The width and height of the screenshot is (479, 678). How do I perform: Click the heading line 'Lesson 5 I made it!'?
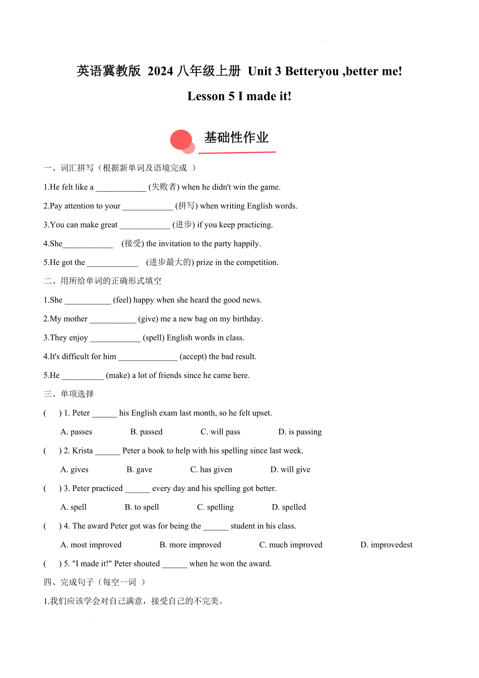(x=240, y=96)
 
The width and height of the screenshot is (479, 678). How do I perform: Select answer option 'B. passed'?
(x=146, y=432)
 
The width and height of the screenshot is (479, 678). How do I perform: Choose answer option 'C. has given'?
(x=211, y=469)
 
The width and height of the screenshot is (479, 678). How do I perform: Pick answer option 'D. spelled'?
(x=289, y=507)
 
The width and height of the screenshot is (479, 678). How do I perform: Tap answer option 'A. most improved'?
(x=91, y=545)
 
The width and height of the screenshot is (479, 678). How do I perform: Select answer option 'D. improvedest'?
(x=386, y=545)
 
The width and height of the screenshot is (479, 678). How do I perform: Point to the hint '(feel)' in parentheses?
(x=122, y=300)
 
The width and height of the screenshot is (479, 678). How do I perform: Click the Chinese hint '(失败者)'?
(x=164, y=187)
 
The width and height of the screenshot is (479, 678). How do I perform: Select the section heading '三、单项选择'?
(x=69, y=394)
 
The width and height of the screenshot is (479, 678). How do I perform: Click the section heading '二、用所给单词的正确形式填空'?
(x=103, y=281)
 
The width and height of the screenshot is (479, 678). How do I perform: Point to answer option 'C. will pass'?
(x=220, y=432)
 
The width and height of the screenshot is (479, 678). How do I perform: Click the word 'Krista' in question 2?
(x=83, y=450)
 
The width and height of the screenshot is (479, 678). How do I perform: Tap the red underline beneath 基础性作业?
(x=237, y=153)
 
